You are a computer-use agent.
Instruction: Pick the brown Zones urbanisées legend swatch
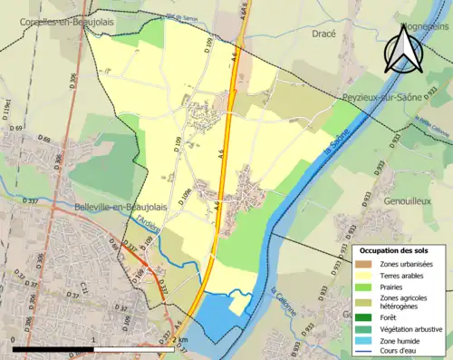click(x=367, y=264)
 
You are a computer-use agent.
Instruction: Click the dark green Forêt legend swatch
click(x=367, y=317)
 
